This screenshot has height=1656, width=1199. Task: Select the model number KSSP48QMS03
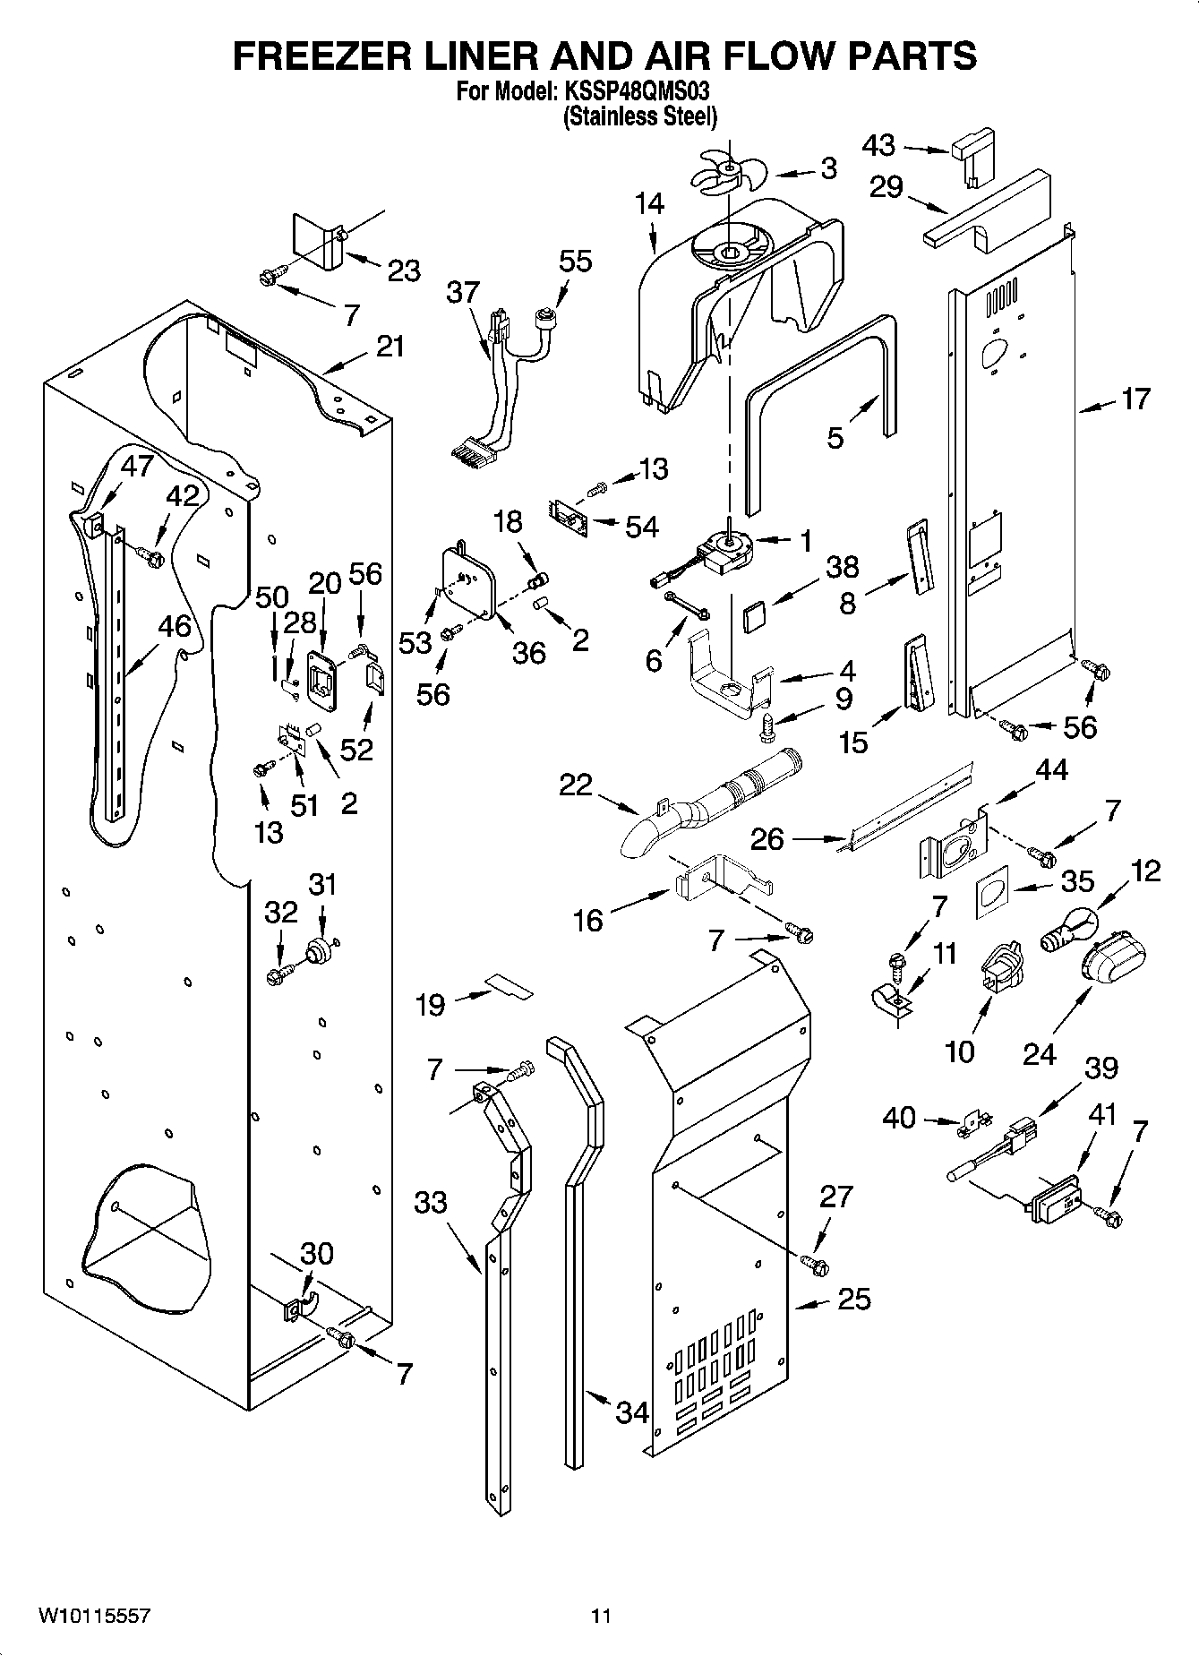click(x=642, y=90)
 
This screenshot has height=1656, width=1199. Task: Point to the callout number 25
click(x=853, y=1299)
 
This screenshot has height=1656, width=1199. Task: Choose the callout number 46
click(x=174, y=626)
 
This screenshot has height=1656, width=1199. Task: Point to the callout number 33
click(x=430, y=1202)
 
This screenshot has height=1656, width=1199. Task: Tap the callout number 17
click(x=1135, y=399)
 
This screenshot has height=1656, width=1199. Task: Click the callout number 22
click(x=576, y=785)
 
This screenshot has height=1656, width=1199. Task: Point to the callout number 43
click(x=878, y=145)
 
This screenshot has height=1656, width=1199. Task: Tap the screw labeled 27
click(x=815, y=1265)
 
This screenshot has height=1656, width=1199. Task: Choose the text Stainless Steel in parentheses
click(x=640, y=116)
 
